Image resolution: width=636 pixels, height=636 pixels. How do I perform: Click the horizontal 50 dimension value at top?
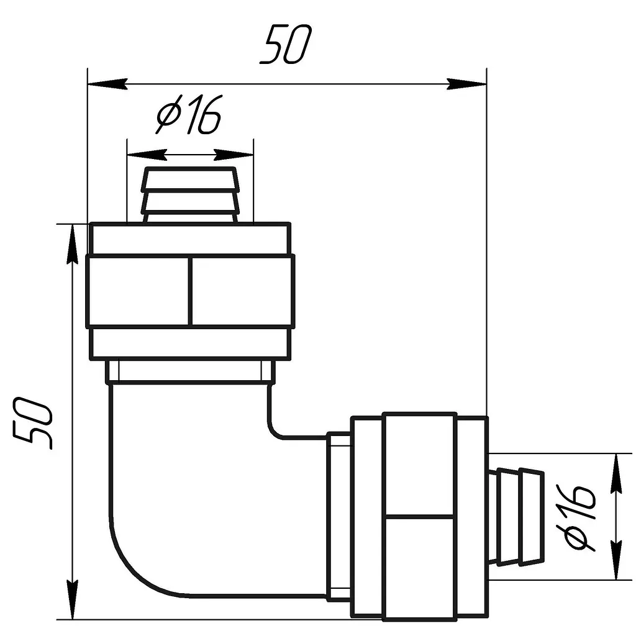[286, 44]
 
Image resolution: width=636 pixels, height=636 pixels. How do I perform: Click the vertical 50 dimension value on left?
[33, 424]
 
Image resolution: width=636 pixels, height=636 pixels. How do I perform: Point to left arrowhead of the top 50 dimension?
[108, 84]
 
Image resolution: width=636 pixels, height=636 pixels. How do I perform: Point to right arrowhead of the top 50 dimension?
[466, 84]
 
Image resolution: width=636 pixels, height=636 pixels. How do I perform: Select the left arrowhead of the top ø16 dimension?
[147, 155]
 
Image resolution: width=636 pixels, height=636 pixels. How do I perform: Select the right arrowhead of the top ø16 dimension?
[234, 155]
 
